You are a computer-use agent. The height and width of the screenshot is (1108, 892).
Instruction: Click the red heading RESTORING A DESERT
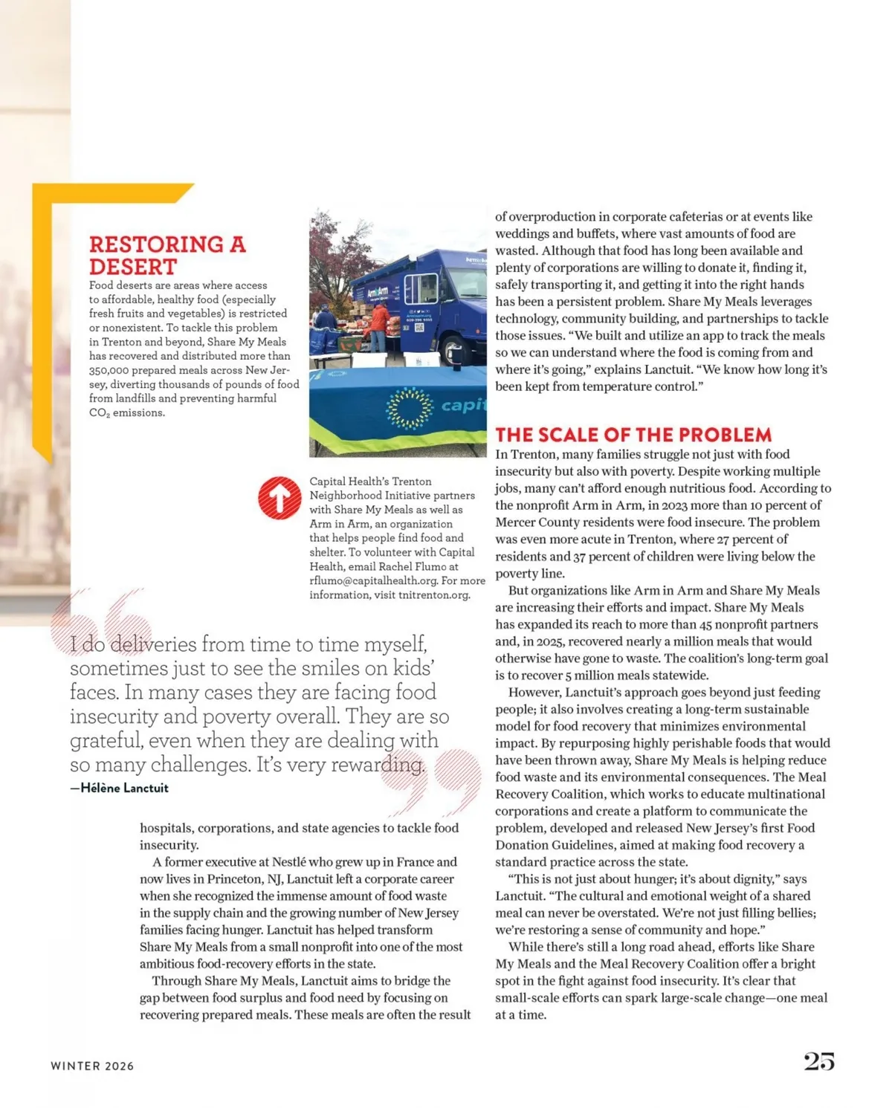(167, 255)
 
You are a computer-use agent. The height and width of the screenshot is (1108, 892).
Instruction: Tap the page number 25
(818, 1061)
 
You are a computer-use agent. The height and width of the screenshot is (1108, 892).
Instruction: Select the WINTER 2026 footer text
(92, 1066)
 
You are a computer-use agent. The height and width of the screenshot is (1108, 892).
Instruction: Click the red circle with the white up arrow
(279, 498)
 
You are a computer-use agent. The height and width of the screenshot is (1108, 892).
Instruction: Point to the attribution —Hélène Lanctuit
(120, 788)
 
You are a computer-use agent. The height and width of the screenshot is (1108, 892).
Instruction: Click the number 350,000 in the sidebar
(109, 370)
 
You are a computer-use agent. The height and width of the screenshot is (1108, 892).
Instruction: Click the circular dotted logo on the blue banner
(410, 408)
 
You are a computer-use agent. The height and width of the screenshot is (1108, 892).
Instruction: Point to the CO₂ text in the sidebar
(98, 413)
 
